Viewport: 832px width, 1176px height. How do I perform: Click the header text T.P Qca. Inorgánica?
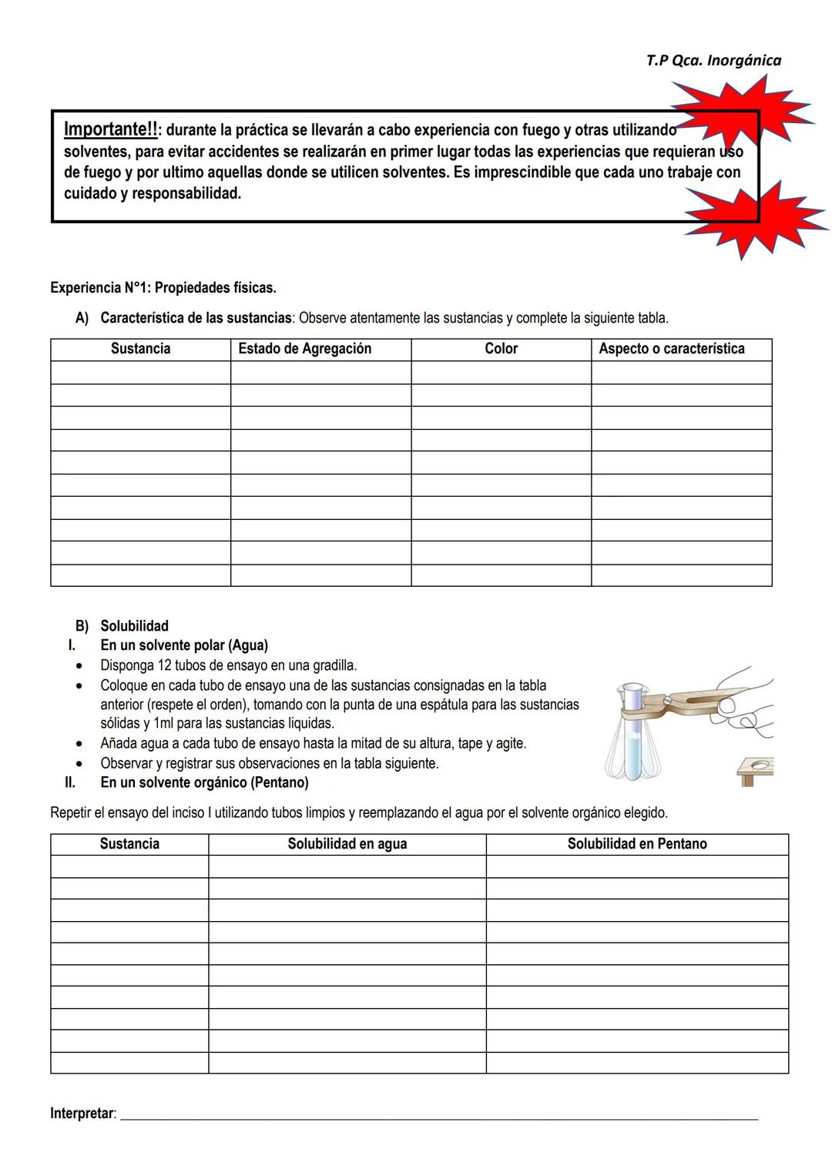tap(713, 60)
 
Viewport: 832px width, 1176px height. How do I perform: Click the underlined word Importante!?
tap(111, 129)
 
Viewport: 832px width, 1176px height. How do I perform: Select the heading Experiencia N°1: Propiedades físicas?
tap(163, 288)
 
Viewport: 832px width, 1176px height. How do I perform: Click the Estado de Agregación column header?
tap(304, 349)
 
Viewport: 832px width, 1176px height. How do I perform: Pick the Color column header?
tap(501, 349)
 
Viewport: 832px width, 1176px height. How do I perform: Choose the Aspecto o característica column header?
tap(671, 349)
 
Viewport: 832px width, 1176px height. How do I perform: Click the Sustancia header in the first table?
tap(140, 349)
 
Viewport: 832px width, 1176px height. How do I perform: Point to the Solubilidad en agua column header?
tap(347, 844)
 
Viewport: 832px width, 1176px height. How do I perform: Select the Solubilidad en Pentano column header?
tap(636, 844)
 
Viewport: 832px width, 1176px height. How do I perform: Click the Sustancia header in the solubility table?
tap(129, 844)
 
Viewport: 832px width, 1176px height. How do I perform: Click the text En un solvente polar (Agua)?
tap(184, 645)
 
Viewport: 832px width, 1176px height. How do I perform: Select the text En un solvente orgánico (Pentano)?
tap(204, 782)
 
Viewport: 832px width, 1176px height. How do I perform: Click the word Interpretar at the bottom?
tap(82, 1114)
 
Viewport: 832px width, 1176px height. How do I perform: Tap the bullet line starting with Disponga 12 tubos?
tap(228, 665)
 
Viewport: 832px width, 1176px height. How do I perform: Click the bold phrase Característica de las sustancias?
tap(196, 318)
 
